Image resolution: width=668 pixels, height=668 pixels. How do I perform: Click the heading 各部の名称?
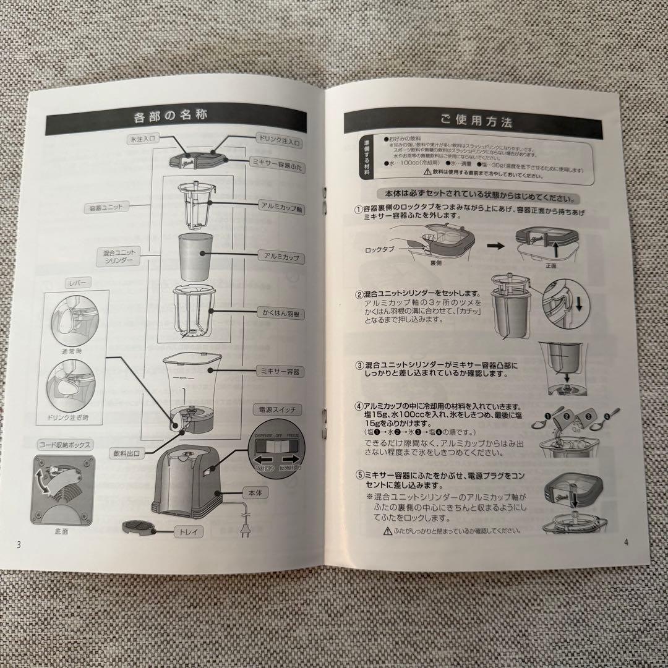[x=170, y=115]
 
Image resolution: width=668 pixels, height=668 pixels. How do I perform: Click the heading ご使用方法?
[x=477, y=121]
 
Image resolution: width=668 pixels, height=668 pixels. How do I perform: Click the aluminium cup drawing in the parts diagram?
[x=196, y=256]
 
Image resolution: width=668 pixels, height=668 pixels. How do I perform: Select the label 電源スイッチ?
[x=277, y=409]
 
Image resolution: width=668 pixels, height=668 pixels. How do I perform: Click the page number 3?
[x=19, y=544]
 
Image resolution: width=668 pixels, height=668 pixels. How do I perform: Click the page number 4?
[x=627, y=543]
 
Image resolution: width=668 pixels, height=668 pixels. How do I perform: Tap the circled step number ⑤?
[x=359, y=475]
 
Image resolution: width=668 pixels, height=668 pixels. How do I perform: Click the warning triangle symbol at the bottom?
[x=387, y=531]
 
